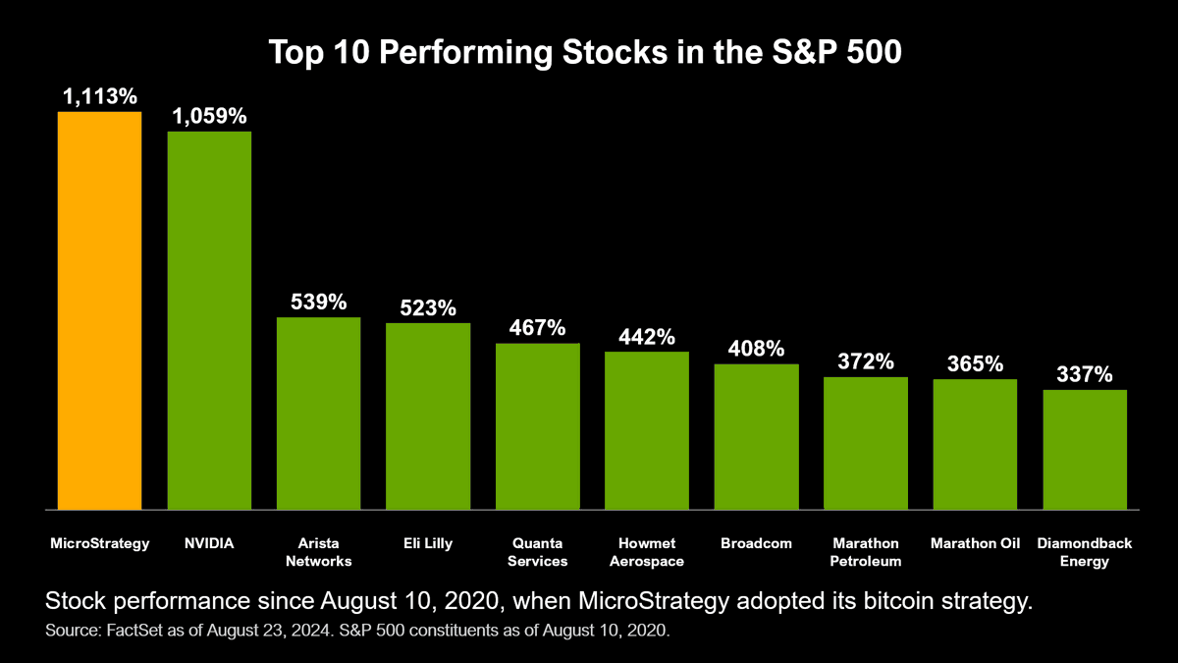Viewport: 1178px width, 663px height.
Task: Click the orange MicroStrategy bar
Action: [99, 310]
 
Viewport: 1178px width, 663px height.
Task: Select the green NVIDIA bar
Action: [209, 320]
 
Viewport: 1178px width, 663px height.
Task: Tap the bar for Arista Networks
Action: [318, 414]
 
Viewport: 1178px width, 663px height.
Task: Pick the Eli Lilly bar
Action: [428, 416]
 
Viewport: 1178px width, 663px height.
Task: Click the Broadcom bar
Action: [756, 437]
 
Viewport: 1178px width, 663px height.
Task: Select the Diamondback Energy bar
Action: [1085, 450]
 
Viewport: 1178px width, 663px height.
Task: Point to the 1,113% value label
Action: [99, 96]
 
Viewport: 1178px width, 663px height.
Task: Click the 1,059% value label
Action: [209, 116]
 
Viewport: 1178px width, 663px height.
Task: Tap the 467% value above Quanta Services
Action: [537, 327]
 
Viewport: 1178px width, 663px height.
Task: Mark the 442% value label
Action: [647, 337]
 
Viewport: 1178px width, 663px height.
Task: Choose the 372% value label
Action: [866, 361]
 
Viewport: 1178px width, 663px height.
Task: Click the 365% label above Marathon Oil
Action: [975, 364]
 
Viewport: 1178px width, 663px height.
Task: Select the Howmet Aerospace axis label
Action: [647, 552]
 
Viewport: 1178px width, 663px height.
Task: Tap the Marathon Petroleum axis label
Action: [866, 552]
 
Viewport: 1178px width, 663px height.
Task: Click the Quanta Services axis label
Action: [537, 552]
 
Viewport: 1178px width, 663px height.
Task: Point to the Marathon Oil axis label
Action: [975, 543]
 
